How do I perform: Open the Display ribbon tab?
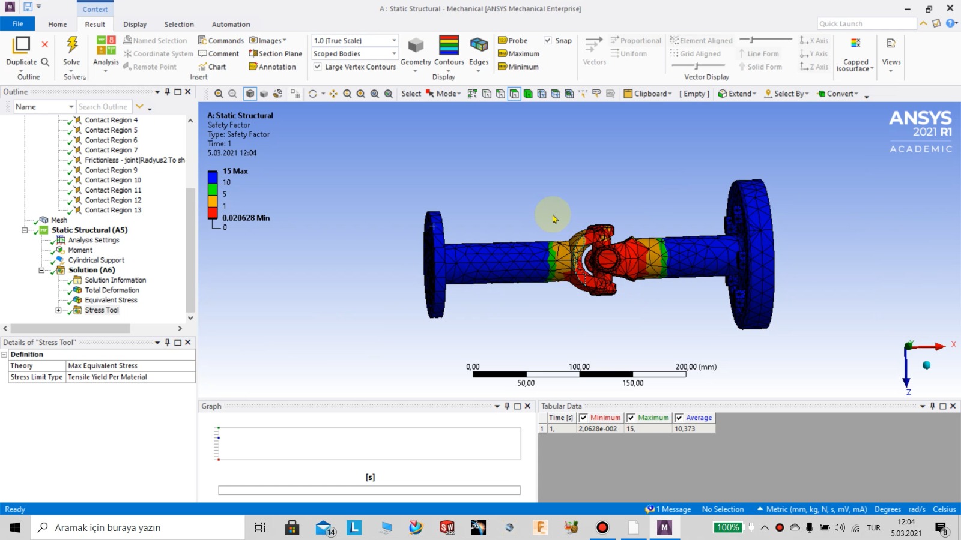(135, 25)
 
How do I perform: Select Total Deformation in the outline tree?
(112, 290)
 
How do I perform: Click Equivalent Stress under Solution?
(111, 300)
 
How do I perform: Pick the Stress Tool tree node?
(102, 310)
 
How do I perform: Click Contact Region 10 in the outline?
(113, 180)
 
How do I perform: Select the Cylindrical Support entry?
(96, 260)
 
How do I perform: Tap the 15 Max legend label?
(235, 171)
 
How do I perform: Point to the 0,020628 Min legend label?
(246, 218)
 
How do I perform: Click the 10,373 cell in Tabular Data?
(685, 429)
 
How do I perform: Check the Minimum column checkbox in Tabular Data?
(583, 418)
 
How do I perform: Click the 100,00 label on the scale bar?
(579, 367)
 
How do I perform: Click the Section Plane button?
(276, 54)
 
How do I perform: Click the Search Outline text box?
(103, 107)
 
